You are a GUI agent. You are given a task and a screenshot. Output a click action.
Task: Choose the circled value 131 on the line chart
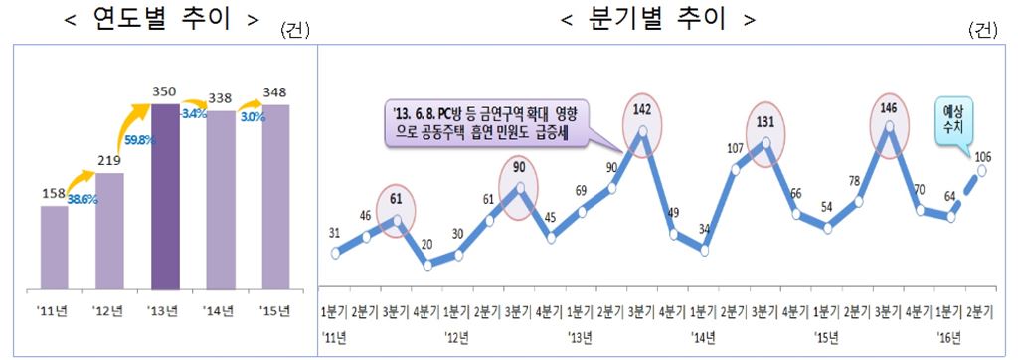tap(766, 122)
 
